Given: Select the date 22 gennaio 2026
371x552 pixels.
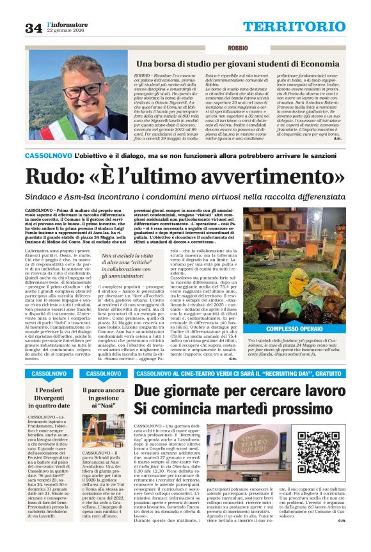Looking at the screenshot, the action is pos(69,31).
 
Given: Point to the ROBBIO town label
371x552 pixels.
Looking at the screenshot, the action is pos(237,49).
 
